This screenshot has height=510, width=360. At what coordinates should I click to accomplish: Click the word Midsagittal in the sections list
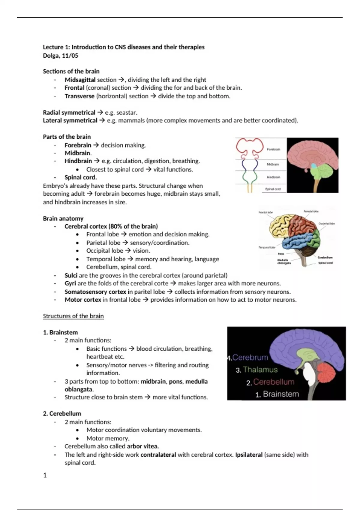80,80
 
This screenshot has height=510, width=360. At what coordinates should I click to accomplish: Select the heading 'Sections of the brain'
71,71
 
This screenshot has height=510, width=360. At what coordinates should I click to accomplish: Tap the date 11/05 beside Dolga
70,55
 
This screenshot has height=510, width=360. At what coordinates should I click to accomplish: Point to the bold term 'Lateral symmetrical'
70,121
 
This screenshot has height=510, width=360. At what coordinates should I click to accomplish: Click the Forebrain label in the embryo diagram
273,149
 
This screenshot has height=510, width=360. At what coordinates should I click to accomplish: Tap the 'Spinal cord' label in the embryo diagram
273,189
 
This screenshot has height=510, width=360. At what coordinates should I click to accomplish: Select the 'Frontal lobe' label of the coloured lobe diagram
265,212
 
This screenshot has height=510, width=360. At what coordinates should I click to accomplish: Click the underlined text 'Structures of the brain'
73,316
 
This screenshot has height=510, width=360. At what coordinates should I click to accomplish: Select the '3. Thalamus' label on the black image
257,370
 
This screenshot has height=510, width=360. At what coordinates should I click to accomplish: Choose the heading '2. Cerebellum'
62,414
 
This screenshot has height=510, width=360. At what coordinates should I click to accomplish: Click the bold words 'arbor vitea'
143,446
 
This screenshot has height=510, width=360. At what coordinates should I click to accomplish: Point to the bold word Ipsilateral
249,455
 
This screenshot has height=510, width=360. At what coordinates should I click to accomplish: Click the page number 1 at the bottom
45,475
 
